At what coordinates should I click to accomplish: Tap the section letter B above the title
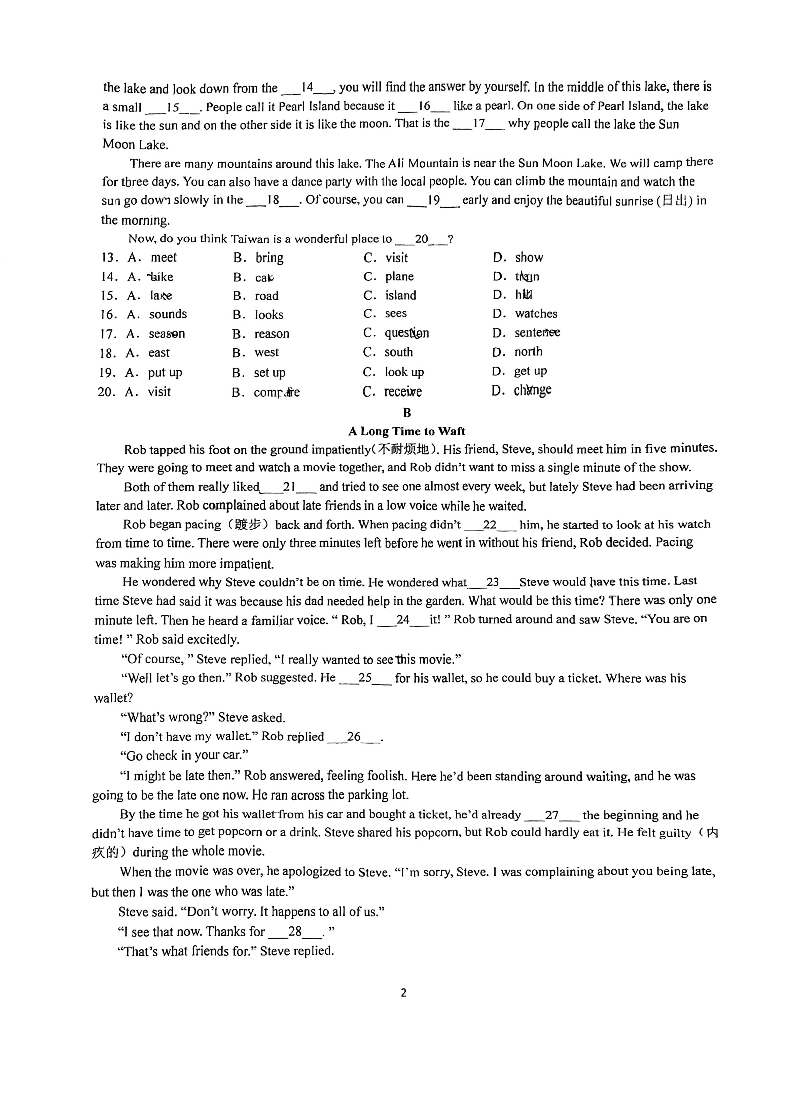[407, 413]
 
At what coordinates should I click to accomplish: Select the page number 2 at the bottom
[404, 993]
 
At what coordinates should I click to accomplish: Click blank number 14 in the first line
[308, 88]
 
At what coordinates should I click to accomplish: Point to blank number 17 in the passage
[478, 124]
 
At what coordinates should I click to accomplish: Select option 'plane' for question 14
[399, 277]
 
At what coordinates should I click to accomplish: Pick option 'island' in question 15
[400, 296]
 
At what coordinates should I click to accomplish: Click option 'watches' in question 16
[536, 314]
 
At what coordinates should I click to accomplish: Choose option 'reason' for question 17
[272, 334]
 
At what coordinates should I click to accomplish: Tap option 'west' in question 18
[267, 353]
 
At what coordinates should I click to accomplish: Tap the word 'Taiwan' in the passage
[250, 239]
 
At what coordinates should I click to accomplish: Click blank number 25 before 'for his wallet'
[365, 678]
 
